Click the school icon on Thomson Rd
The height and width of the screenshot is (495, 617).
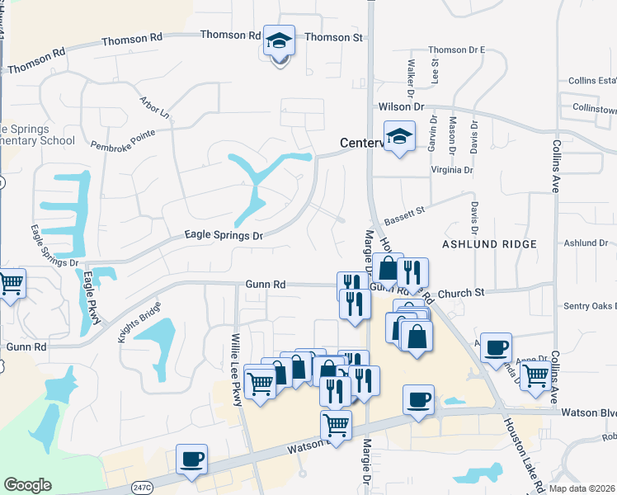point(279,40)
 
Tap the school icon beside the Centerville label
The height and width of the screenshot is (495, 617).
point(399,137)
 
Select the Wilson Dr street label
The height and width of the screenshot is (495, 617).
point(400,107)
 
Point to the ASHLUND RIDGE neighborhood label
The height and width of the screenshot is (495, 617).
point(489,244)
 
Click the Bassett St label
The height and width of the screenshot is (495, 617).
point(403,217)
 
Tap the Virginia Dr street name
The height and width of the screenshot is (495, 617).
point(451,171)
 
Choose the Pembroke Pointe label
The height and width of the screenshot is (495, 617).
point(124,138)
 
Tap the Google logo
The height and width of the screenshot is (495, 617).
point(27,485)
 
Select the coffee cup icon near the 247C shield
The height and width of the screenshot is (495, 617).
point(191,459)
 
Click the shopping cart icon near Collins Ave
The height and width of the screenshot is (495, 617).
point(536,375)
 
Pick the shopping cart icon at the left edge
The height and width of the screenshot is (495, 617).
point(11,285)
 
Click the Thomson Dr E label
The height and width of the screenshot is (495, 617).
point(456,50)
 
